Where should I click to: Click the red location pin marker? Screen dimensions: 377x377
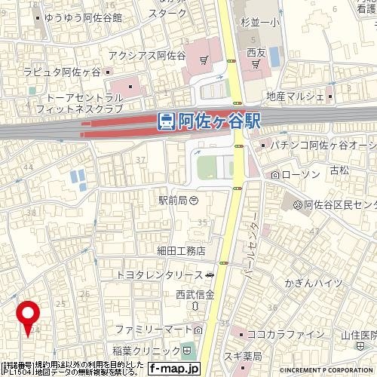pos(29,314)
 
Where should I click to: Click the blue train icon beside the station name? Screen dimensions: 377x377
pos(168,121)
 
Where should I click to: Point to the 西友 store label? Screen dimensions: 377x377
pos(256,54)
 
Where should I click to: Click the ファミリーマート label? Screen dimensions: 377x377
pos(150,331)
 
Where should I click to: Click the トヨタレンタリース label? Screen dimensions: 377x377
pos(161,277)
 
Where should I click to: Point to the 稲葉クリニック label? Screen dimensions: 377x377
pos(143,351)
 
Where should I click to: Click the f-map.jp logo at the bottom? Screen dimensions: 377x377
pos(173,369)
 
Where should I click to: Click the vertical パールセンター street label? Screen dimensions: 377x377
pos(255,241)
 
